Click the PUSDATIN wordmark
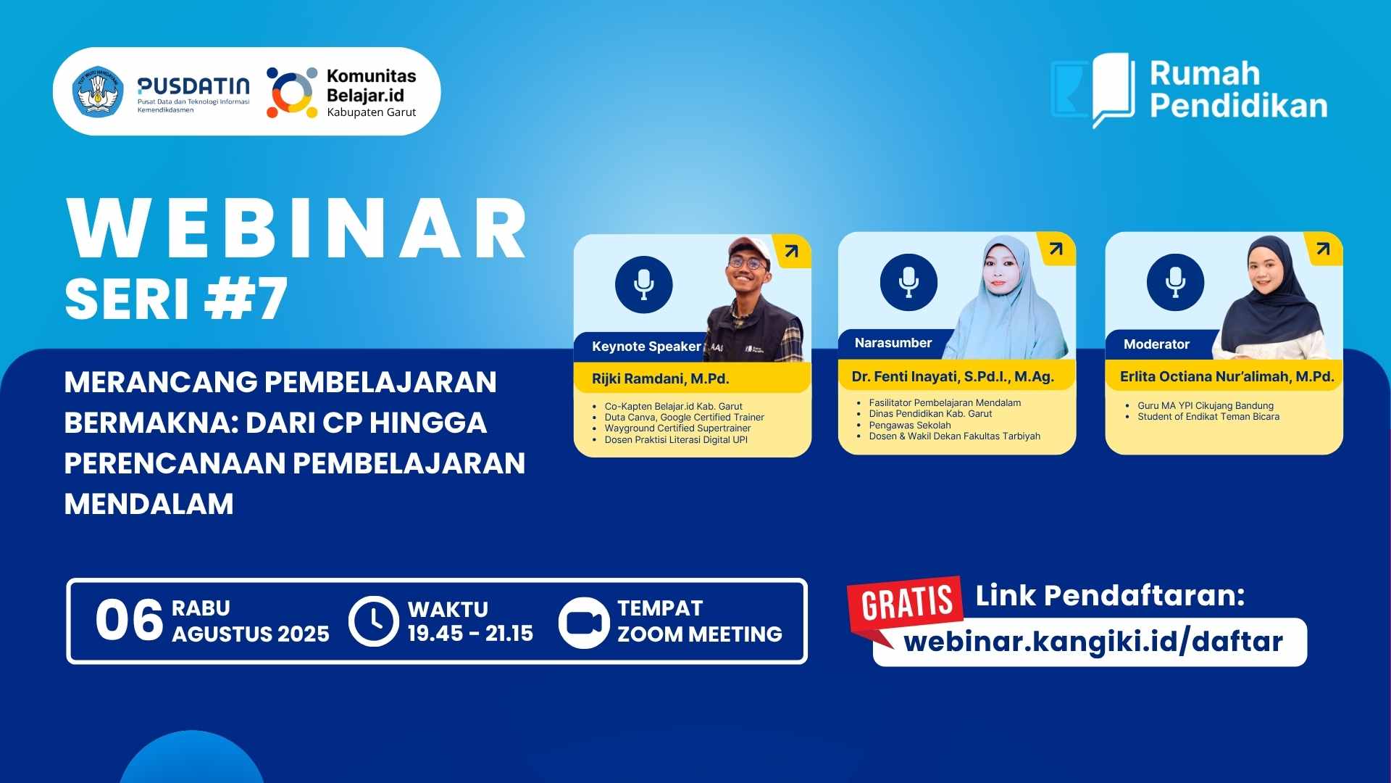(193, 86)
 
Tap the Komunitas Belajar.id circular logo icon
(292, 92)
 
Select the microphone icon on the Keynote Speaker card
(643, 284)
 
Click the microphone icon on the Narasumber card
(908, 282)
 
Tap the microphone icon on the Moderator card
(1175, 282)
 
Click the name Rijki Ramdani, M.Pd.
(660, 378)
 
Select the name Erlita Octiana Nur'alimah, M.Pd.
(1227, 376)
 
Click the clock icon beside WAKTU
(374, 621)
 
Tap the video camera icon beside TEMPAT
(584, 622)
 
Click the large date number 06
(129, 621)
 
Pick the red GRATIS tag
(906, 602)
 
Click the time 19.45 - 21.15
(470, 634)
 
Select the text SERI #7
(176, 299)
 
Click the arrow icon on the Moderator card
(1323, 249)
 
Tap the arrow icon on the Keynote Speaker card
(791, 252)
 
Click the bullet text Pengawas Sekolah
(909, 425)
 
